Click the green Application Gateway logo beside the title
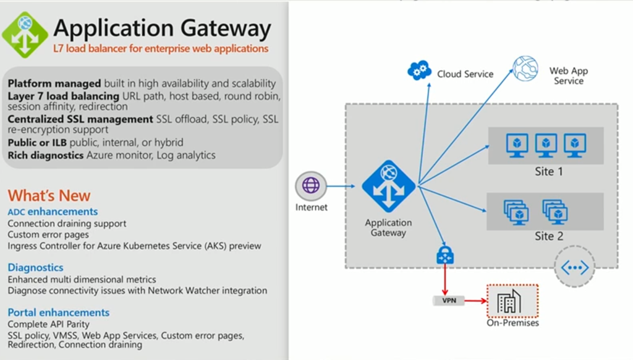pos(25,35)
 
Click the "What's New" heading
pos(49,196)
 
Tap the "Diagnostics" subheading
pos(35,268)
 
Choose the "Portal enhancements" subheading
pos(59,312)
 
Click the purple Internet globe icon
pos(311,186)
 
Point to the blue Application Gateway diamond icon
pos(388,186)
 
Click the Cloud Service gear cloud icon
pos(419,71)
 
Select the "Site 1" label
pos(548,171)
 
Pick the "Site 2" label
pos(548,236)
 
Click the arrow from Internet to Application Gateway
pos(341,186)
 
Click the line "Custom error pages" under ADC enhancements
pos(48,234)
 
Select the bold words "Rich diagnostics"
pos(45,155)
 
